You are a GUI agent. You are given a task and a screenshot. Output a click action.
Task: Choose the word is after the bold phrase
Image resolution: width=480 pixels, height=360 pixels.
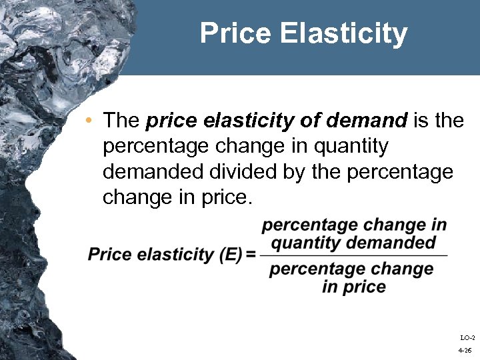pos(421,121)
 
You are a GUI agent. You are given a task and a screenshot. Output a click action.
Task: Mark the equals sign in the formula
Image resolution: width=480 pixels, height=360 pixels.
pos(251,255)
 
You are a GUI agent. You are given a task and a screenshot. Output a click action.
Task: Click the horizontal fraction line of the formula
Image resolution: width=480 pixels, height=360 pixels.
pos(353,255)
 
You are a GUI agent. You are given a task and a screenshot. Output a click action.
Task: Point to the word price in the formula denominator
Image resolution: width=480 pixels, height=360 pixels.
pos(364,287)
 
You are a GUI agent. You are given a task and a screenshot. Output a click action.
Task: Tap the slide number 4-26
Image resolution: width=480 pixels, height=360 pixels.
pos(465,350)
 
